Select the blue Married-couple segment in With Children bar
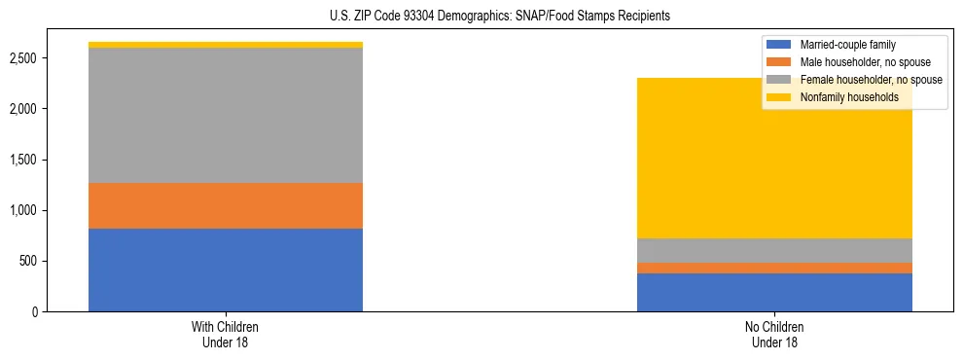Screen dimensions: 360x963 point(225,270)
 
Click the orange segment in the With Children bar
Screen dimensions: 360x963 point(225,205)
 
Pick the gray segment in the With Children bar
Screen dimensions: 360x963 point(225,115)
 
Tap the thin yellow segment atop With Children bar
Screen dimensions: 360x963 point(225,45)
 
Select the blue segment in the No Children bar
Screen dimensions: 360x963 point(774,292)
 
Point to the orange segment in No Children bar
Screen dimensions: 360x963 point(774,268)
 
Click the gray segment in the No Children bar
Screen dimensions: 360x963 point(774,250)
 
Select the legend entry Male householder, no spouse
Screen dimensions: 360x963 point(855,62)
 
